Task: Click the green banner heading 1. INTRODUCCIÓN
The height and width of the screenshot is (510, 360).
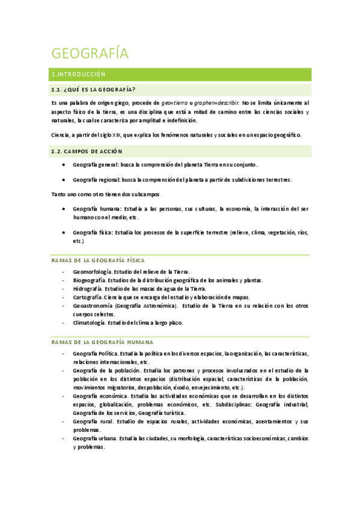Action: pos(79,75)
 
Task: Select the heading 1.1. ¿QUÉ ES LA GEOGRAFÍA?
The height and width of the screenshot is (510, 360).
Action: pos(93,90)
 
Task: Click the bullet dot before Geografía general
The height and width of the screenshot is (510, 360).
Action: pos(64,165)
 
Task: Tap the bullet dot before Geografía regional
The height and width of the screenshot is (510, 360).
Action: pos(64,180)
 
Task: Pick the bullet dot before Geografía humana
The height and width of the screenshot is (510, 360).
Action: pos(64,209)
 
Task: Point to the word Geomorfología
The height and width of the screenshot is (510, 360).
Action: pos(92,272)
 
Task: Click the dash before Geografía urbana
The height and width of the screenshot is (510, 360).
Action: pos(64,439)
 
